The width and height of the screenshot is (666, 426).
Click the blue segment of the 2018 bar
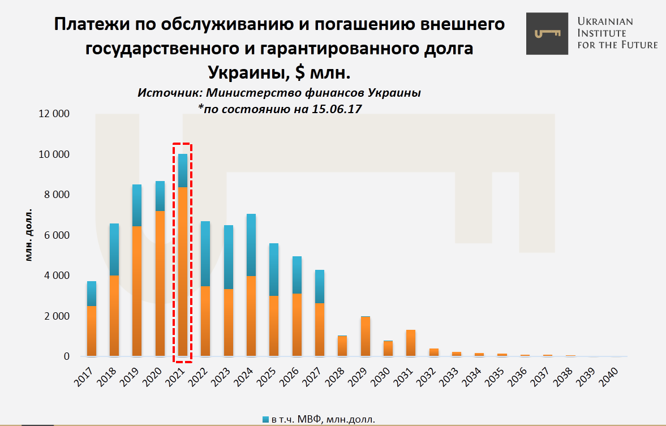tap(114, 249)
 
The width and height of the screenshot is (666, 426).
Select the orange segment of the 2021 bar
tap(183, 272)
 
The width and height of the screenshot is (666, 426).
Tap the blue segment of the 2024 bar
tap(251, 245)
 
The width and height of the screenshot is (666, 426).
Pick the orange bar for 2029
tap(366, 337)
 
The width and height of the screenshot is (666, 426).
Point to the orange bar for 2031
tap(411, 343)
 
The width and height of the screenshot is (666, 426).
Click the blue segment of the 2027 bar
tap(320, 286)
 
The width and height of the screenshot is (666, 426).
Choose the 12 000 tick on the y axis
tap(54, 114)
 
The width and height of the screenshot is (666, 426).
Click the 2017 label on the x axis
tap(83, 376)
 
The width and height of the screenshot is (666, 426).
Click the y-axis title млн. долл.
tap(29, 235)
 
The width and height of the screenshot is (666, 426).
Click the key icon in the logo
tap(547, 34)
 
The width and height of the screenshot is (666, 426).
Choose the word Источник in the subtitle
tap(169, 93)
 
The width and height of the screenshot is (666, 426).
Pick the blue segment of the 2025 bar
tap(274, 269)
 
